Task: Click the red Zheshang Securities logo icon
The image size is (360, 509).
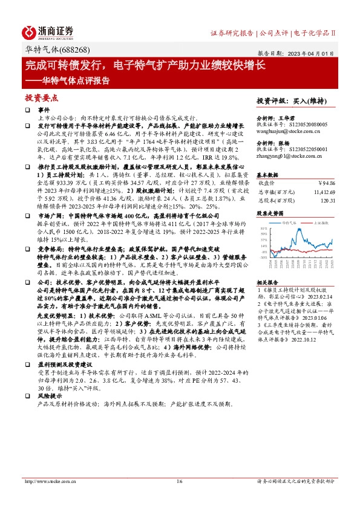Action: (29, 31)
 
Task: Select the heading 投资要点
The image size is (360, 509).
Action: (41, 97)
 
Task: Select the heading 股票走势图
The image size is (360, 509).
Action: (270, 213)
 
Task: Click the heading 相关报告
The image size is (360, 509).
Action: (266, 282)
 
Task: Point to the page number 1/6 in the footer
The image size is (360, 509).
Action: (180, 482)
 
